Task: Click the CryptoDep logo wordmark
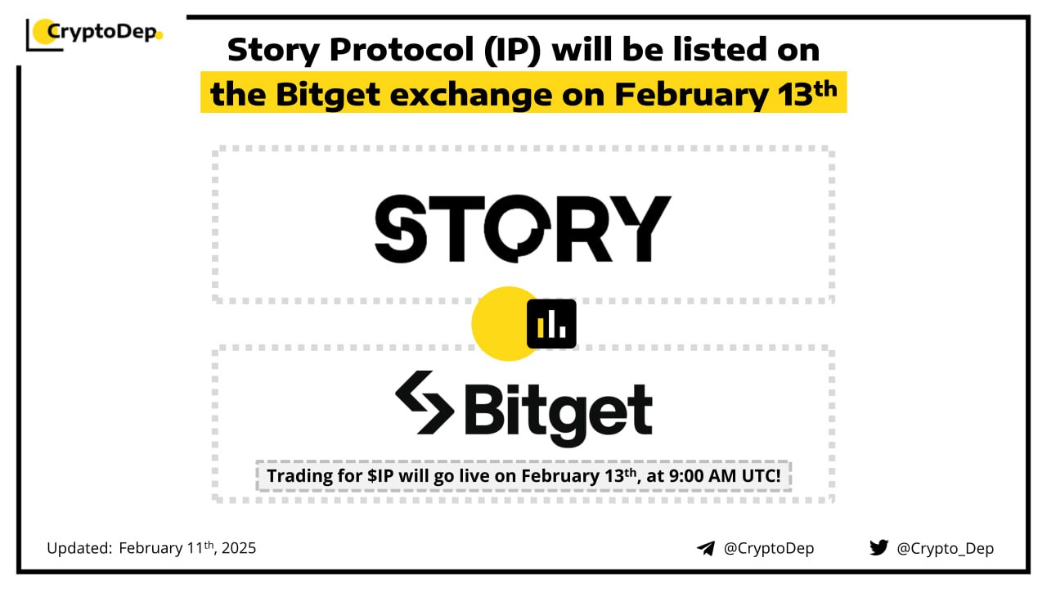pyautogui.click(x=101, y=32)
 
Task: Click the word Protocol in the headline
pyautogui.click(x=402, y=50)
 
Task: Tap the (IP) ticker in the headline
pyautogui.click(x=512, y=50)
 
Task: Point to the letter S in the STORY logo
pyautogui.click(x=401, y=228)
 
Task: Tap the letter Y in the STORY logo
pyautogui.click(x=643, y=228)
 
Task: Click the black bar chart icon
pyautogui.click(x=551, y=323)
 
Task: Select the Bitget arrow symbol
pyautogui.click(x=425, y=402)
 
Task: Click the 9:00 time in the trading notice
pyautogui.click(x=686, y=476)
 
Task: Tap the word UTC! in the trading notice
pyautogui.click(x=762, y=476)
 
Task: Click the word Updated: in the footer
pyautogui.click(x=79, y=548)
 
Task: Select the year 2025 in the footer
pyautogui.click(x=239, y=548)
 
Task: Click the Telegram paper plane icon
pyautogui.click(x=706, y=548)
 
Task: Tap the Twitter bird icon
pyautogui.click(x=879, y=547)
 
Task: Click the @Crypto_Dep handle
pyautogui.click(x=945, y=548)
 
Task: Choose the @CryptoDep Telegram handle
pyautogui.click(x=769, y=548)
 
